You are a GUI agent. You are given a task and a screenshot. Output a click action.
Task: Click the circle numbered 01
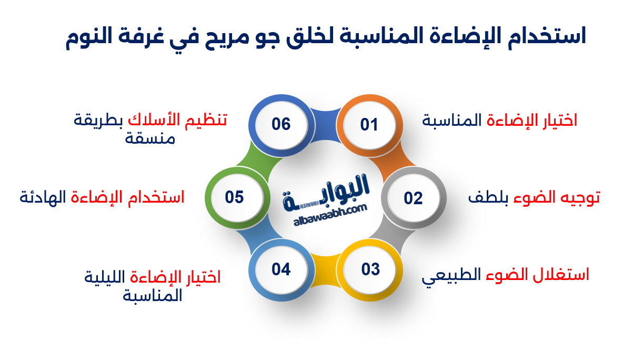(x=369, y=125)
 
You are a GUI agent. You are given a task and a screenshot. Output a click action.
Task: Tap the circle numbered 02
(x=414, y=198)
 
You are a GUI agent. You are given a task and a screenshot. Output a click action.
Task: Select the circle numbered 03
(x=370, y=269)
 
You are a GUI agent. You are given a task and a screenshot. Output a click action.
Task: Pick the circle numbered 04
(x=282, y=269)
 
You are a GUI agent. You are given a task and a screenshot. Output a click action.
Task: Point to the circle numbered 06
(x=281, y=124)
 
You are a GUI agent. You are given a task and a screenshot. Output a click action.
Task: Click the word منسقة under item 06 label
(x=150, y=138)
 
